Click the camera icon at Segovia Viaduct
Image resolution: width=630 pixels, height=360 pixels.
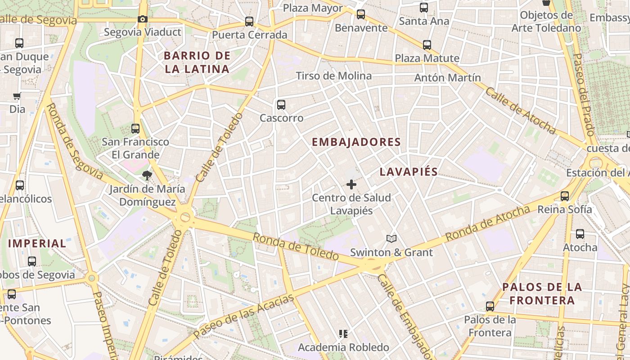coord(142,19)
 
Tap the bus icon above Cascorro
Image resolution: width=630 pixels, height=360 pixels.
coord(281,105)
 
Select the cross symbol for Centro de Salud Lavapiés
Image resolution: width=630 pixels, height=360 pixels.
coord(351,184)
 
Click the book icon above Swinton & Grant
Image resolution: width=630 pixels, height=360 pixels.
coord(391,239)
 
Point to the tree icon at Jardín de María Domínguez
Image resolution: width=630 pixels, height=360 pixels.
coord(147,175)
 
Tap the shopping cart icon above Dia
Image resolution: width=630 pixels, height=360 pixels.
coord(17,96)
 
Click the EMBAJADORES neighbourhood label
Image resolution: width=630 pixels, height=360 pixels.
coord(356,142)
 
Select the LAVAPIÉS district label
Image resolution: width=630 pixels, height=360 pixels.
coord(409,172)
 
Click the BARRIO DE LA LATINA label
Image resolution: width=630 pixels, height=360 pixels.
coord(197,63)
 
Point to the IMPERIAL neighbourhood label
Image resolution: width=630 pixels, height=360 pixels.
coord(37,244)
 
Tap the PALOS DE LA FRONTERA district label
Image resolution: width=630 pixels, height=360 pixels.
coord(542,293)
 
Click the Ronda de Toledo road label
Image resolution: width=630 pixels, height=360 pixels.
coord(295,246)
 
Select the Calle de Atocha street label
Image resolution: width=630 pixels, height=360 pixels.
coord(520,110)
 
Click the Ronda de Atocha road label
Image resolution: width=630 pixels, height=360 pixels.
coord(488,223)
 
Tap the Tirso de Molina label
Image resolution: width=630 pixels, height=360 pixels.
coord(333,76)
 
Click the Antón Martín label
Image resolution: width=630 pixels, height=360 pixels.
coord(447,77)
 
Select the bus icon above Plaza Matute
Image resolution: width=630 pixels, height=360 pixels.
coord(427,45)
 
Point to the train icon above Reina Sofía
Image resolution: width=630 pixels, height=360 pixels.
coord(565,196)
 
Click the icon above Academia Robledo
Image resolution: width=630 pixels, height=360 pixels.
coord(343,334)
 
